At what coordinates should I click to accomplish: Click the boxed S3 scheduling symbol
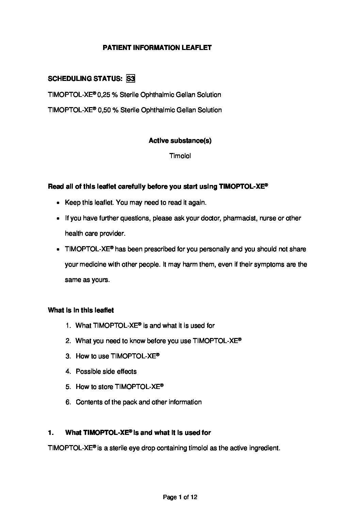click(131, 79)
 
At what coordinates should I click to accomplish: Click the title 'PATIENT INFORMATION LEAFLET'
click(157, 48)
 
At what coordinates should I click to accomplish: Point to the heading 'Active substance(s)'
click(180, 141)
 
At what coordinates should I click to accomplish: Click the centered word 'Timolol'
click(180, 156)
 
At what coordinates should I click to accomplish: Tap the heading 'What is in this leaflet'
click(81, 310)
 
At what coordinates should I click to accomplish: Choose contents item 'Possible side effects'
click(106, 372)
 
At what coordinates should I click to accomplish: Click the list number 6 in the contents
click(68, 402)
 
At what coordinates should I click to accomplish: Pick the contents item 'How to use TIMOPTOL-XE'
click(117, 356)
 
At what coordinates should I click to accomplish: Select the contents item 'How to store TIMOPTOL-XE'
click(119, 387)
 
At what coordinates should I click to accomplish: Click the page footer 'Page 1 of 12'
click(180, 497)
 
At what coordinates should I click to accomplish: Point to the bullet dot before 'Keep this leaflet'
click(58, 203)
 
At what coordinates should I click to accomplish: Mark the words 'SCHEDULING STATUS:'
click(85, 79)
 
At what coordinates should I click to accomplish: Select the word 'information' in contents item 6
click(183, 402)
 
